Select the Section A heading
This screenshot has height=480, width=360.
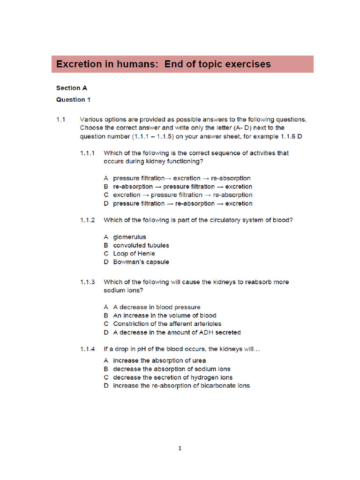click(72, 88)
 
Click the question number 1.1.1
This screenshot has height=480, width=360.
click(87, 153)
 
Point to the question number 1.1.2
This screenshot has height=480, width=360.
click(87, 220)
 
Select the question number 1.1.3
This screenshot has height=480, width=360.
click(87, 282)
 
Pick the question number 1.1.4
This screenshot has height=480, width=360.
click(87, 349)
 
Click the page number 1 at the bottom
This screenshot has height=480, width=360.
click(180, 448)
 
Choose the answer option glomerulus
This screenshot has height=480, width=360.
click(129, 237)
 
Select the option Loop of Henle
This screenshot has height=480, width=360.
click(134, 254)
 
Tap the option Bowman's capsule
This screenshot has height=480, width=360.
click(141, 262)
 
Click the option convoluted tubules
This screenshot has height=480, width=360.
click(141, 245)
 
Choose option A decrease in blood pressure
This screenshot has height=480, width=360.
click(157, 307)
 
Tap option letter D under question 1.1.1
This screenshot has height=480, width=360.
click(106, 203)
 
